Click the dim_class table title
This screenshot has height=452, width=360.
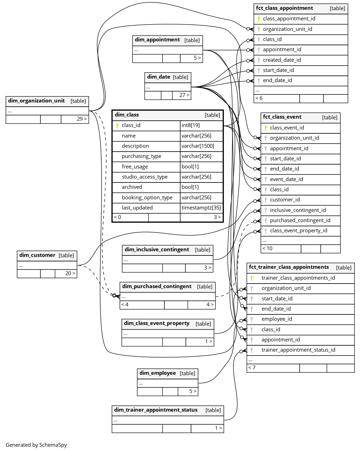(x=127, y=115)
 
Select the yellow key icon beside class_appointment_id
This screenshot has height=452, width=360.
(x=258, y=19)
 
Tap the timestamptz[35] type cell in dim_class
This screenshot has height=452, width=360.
(x=201, y=208)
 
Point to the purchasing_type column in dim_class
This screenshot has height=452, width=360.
(x=142, y=156)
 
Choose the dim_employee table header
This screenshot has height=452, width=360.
(x=158, y=373)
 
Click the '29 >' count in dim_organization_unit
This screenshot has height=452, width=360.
(x=81, y=119)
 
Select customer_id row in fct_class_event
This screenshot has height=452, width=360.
(x=285, y=200)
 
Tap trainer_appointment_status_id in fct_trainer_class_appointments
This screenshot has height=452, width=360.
(x=298, y=350)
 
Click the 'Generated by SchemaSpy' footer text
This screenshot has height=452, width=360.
(x=36, y=445)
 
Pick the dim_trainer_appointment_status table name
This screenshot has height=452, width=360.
(x=156, y=410)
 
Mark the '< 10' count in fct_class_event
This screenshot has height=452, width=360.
(x=267, y=248)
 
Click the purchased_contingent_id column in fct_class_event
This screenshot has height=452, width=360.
(x=300, y=220)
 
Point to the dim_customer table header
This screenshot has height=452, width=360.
(x=37, y=255)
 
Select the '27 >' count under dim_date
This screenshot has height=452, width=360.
(x=184, y=95)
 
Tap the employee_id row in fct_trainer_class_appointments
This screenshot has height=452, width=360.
(x=277, y=319)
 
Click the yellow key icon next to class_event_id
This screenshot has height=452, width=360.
(x=266, y=128)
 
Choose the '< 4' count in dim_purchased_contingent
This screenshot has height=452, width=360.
(x=125, y=305)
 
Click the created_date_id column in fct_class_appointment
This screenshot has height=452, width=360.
(x=282, y=60)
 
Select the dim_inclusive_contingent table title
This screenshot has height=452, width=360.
(x=157, y=250)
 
